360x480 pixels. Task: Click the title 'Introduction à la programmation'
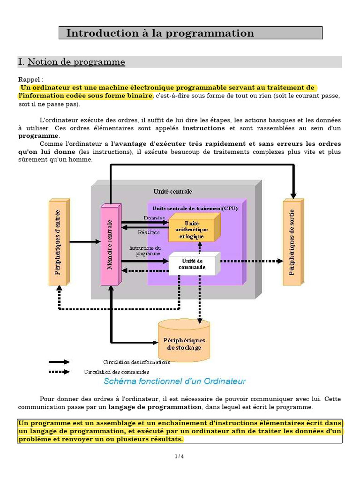tap(160, 33)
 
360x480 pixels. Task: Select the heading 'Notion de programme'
tap(76, 62)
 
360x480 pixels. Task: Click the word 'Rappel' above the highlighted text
tap(30, 80)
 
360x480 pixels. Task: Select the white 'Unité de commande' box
tap(192, 264)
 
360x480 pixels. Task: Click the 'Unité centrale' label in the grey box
tap(172, 191)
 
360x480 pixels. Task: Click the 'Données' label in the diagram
tap(154, 218)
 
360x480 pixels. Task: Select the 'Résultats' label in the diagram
tap(149, 232)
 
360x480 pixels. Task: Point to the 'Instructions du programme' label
tap(145, 250)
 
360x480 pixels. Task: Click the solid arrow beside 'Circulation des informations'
tap(60, 362)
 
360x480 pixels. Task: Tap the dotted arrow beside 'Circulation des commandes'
tap(60, 372)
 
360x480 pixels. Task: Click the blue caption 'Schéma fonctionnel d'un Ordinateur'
tap(174, 381)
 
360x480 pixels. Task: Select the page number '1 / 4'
tap(180, 457)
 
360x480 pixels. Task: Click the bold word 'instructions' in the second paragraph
tap(203, 128)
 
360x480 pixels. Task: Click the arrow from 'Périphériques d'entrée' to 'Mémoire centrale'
tap(85, 242)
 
